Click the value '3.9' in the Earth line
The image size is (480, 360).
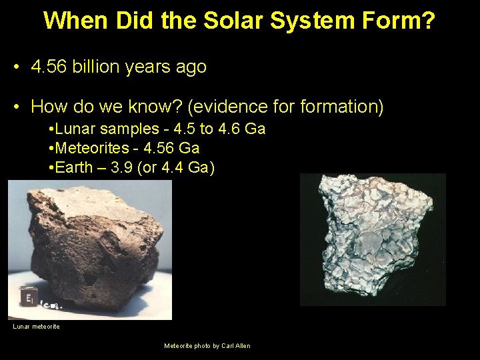coord(123,167)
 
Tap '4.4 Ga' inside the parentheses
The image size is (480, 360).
coord(187,167)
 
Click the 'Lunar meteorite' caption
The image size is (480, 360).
coord(36,327)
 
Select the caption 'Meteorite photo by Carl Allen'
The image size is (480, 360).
coord(207,346)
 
